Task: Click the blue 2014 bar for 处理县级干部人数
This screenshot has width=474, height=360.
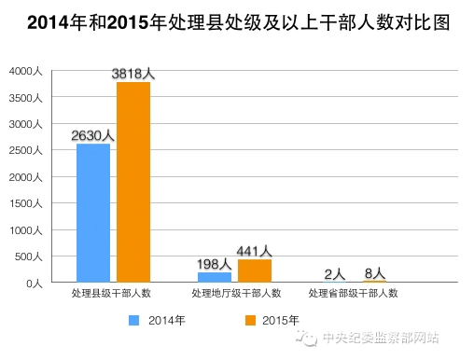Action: click(93, 213)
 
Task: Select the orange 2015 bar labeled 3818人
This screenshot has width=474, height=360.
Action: click(133, 182)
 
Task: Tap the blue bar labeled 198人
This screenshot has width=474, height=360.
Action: click(215, 277)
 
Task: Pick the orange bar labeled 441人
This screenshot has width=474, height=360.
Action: click(255, 270)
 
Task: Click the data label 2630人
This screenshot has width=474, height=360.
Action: click(93, 135)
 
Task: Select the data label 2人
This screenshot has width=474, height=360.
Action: click(335, 274)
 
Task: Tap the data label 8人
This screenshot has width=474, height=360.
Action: click(374, 273)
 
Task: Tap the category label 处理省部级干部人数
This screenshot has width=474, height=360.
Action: click(355, 294)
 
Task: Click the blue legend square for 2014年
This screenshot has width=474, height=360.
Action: click(133, 320)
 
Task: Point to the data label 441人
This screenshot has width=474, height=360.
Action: click(254, 251)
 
